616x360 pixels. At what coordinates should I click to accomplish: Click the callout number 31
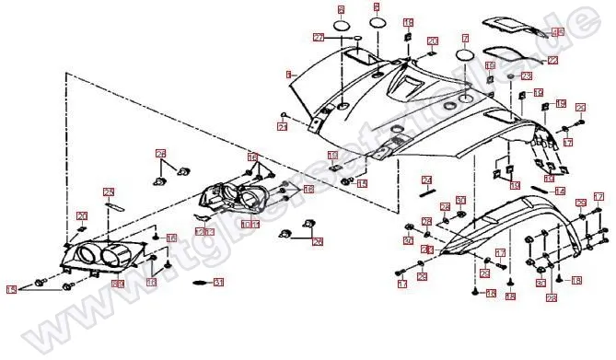coord(218,282)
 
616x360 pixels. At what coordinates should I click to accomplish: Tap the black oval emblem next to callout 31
coord(198,283)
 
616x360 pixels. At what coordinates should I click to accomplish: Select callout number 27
coord(319,38)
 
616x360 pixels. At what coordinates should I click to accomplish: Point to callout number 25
coord(108,192)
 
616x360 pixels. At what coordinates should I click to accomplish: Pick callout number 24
coord(427,180)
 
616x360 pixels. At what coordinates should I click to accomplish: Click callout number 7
coord(466,40)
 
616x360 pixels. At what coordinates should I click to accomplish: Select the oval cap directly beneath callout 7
coord(466,56)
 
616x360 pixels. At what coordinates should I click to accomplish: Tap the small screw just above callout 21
coord(286,117)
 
